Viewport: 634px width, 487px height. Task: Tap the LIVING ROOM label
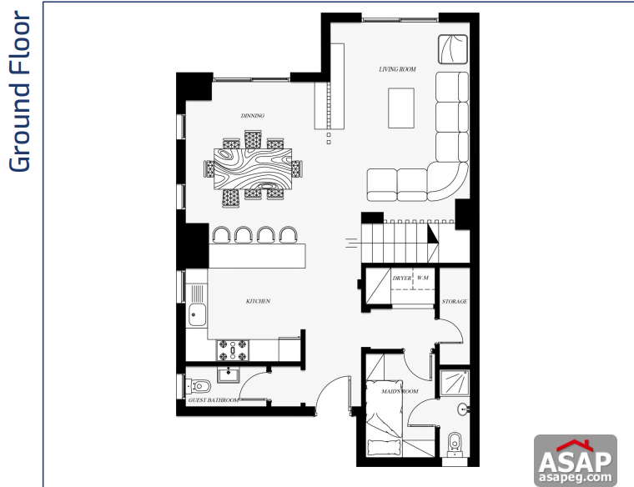click(397, 69)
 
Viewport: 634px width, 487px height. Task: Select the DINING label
click(252, 116)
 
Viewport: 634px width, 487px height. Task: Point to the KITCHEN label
click(257, 301)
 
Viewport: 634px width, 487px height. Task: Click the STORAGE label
click(455, 301)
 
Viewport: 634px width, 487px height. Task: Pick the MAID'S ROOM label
click(400, 390)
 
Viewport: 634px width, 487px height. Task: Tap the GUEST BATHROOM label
click(214, 400)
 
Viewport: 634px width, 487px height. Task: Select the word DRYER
click(402, 277)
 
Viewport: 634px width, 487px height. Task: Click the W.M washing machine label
click(423, 277)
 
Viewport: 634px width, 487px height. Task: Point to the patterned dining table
click(254, 169)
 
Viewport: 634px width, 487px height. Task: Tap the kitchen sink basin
click(199, 315)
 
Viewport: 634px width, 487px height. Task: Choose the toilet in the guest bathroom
click(197, 386)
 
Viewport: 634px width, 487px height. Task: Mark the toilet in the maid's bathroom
click(455, 441)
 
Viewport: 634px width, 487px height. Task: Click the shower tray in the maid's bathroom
click(455, 382)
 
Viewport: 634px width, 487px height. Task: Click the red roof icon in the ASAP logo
click(575, 444)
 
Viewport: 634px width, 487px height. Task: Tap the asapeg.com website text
click(575, 479)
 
